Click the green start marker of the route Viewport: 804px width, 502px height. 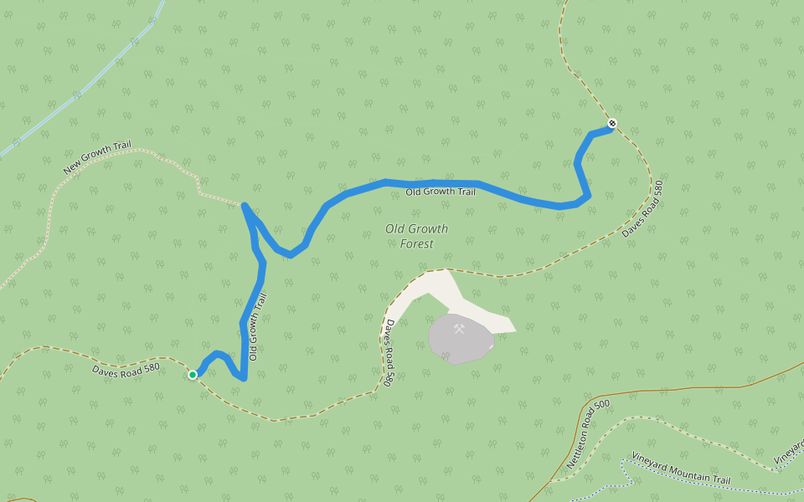[193, 375]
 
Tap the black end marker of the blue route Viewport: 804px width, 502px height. [612, 124]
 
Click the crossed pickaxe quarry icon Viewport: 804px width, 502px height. [459, 329]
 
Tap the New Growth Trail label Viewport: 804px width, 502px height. [98, 158]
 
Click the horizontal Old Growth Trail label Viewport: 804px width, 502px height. [441, 192]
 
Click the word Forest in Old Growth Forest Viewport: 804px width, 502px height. [416, 244]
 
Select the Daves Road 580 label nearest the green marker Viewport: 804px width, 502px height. [126, 368]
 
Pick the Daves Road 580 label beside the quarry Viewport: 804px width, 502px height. [389, 352]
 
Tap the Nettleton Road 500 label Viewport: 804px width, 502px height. [589, 433]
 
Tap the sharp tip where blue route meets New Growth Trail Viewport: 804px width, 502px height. [244, 204]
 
